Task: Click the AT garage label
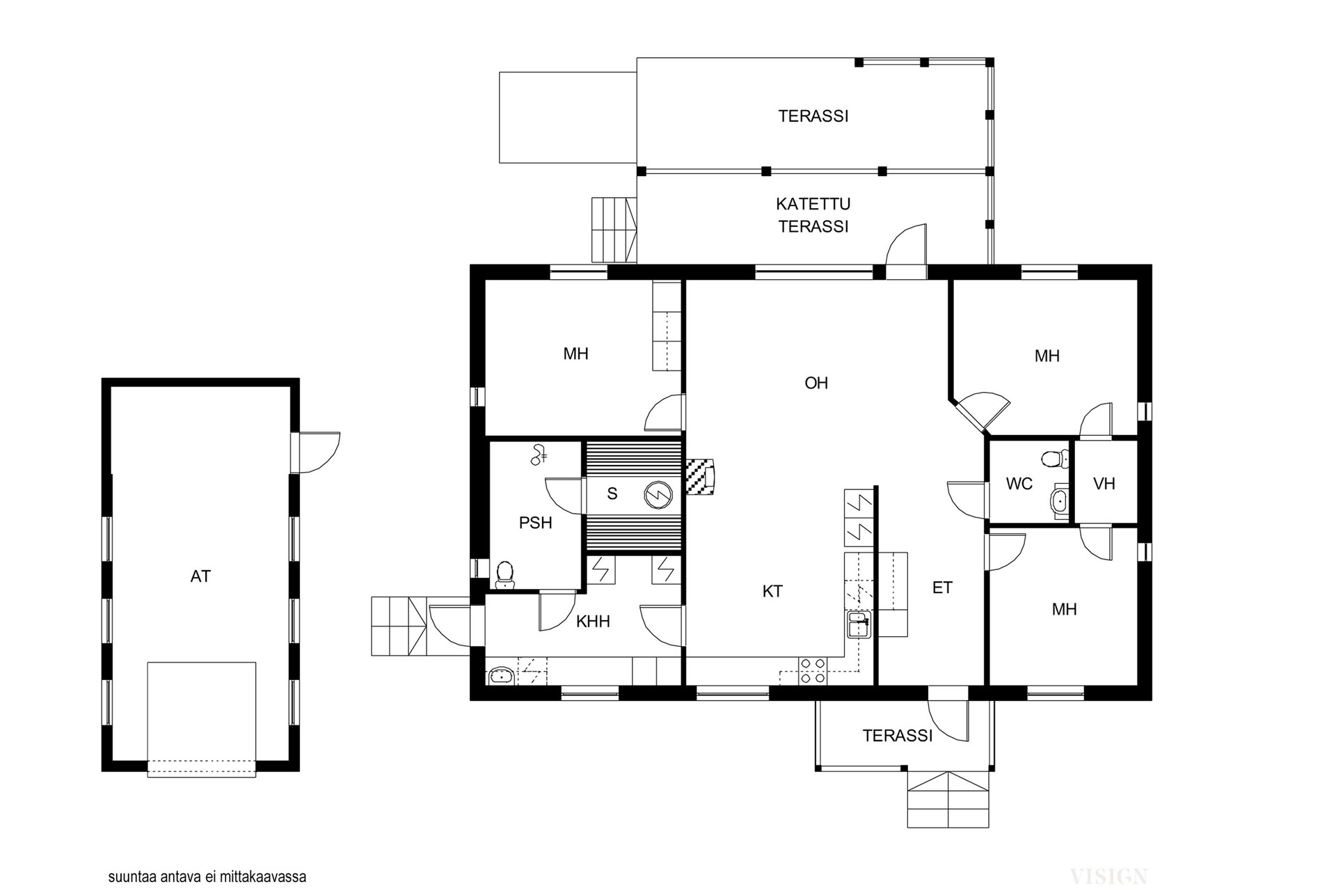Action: pos(200,576)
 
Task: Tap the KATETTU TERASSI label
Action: pos(813,215)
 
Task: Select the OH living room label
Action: pos(816,383)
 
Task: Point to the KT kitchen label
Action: pos(772,592)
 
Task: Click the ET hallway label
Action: pos(942,588)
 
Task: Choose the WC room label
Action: pos(1019,484)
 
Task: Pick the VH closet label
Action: pos(1104,484)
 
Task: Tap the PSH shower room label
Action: pos(535,523)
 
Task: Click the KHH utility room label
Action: pos(593,622)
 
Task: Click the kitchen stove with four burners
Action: pos(813,671)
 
